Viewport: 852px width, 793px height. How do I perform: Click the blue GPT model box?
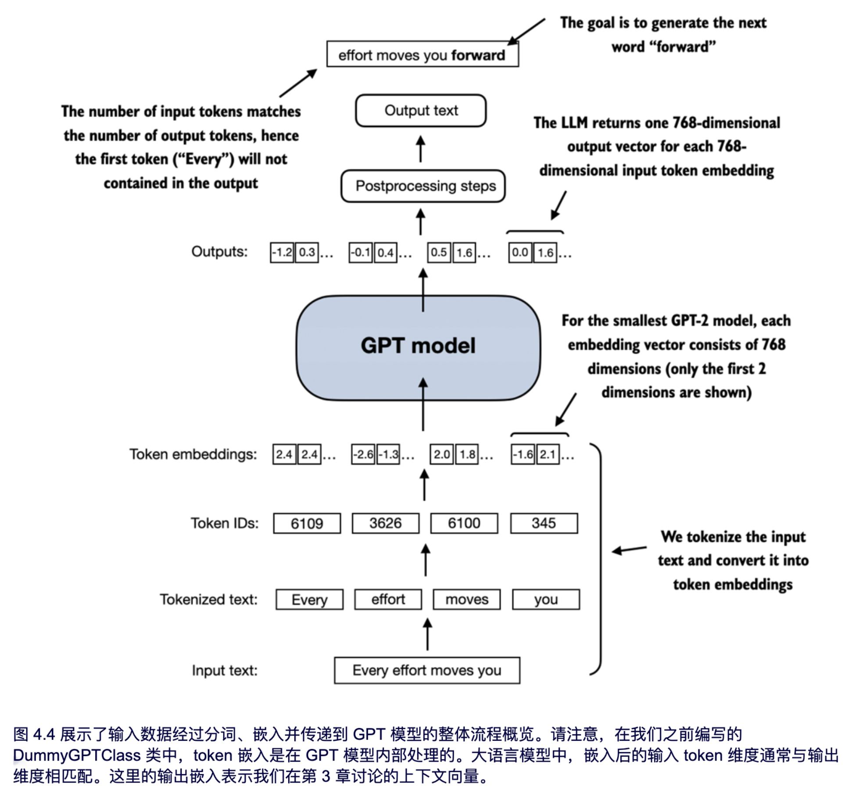418,347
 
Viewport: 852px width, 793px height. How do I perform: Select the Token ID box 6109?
307,523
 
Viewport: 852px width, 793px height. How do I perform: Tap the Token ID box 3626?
385,523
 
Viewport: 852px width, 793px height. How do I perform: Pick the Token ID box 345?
544,523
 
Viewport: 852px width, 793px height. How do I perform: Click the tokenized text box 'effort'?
388,599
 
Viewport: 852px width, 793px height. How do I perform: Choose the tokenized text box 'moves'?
467,599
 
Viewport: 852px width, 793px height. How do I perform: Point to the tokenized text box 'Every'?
309,599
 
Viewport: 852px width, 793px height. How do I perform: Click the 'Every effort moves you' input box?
427,670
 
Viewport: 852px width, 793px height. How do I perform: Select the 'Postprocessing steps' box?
423,186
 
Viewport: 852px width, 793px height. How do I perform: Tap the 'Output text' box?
421,111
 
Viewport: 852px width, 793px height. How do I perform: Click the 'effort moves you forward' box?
422,55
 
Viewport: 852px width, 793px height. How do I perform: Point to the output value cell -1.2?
282,253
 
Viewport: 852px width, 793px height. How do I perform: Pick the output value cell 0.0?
520,253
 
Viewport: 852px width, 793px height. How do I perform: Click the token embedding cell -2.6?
363,454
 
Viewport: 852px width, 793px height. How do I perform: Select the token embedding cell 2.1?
548,454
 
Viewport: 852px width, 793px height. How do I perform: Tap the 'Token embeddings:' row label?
193,454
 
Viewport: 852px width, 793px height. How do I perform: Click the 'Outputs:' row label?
219,252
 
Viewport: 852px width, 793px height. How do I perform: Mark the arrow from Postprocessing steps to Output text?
420,149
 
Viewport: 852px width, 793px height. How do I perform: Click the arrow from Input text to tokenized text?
427,634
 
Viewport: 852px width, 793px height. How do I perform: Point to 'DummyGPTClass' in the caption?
77,755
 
